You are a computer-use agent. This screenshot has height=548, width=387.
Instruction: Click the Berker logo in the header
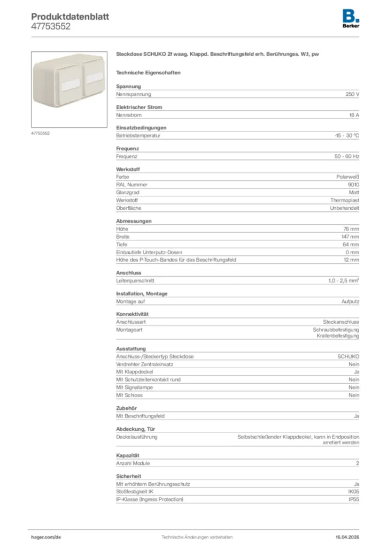pos(351,19)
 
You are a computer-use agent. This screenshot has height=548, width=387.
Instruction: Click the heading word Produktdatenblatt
pos(70,17)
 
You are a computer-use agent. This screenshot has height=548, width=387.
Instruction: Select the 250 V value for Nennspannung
pos(352,94)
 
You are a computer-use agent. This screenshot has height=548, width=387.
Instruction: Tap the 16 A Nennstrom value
pos(354,115)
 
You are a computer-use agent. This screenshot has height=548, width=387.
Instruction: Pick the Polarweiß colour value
pos(347,177)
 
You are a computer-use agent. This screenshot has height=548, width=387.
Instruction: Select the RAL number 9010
pos(353,185)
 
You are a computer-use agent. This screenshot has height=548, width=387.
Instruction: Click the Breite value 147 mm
pos(351,237)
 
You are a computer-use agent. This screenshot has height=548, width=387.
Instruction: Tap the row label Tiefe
pos(122,245)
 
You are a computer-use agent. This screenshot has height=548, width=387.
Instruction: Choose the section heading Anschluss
pos(128,273)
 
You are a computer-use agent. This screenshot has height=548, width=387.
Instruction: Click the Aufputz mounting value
pos(350,302)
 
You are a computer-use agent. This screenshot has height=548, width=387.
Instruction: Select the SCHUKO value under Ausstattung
pos(348,357)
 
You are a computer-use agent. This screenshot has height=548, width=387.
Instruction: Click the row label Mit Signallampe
pos(134,387)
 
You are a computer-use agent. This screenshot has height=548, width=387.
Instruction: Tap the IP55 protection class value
pos(354,499)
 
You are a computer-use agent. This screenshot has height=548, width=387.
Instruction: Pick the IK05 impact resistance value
pos(354,492)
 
